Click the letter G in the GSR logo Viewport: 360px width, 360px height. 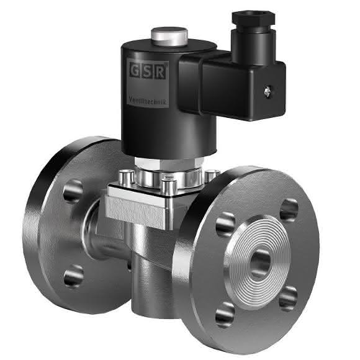tap(135, 70)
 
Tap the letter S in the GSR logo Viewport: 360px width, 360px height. tap(147, 71)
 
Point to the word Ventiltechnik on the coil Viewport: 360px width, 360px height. tap(148, 101)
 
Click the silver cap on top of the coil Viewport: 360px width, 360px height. tap(169, 36)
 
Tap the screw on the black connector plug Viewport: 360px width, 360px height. tap(268, 92)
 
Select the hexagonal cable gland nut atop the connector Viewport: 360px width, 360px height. tap(253, 19)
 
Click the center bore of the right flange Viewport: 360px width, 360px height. tap(261, 262)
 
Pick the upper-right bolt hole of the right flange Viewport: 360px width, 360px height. tap(289, 210)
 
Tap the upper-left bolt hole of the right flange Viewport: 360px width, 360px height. tap(225, 224)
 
